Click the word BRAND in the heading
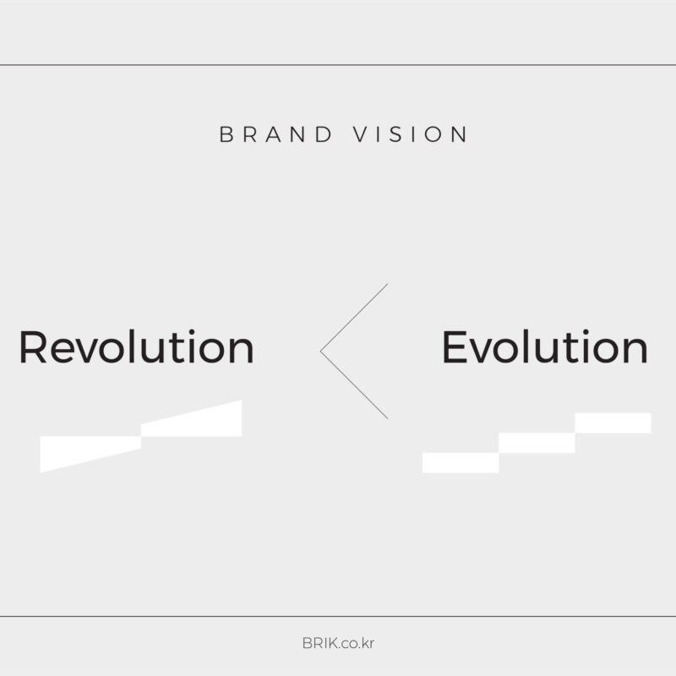tap(276, 134)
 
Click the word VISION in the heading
tap(410, 134)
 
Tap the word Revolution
tap(136, 347)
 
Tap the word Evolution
tap(545, 347)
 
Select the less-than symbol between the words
tap(321, 352)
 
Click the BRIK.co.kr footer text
tap(338, 643)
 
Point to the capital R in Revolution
tap(33, 347)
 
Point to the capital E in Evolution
tap(455, 347)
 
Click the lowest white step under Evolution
tap(461, 462)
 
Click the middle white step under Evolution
tap(537, 443)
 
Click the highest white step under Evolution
tap(613, 423)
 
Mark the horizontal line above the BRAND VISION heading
tap(338, 65)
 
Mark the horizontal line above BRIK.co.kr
tap(338, 617)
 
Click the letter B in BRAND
tap(226, 134)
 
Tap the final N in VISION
tap(459, 134)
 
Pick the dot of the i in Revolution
tap(192, 332)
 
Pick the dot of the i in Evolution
tap(586, 332)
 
